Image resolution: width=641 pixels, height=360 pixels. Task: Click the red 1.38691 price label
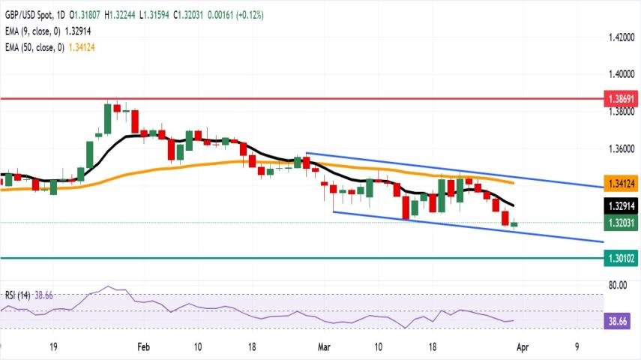tap(622, 98)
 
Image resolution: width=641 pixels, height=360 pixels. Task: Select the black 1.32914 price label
tap(622, 205)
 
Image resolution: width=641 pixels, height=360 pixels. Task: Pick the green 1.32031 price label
tap(622, 223)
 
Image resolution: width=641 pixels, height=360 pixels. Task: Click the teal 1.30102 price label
tap(622, 258)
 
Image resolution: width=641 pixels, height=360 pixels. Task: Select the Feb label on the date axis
tap(144, 347)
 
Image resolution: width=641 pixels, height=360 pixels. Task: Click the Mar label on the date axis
tap(324, 347)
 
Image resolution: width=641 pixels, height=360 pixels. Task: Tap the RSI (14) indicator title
tap(18, 295)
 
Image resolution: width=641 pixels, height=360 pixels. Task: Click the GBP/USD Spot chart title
tap(28, 15)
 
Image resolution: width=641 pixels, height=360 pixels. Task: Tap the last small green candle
tap(514, 223)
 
